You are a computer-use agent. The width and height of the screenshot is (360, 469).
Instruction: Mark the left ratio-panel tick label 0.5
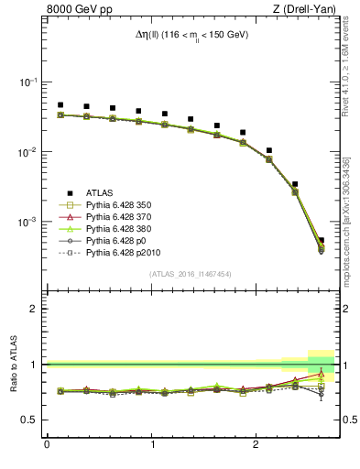(31, 420)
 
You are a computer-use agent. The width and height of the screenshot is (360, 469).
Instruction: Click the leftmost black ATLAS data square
(60, 105)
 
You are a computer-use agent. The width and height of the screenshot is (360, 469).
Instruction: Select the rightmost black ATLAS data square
(321, 240)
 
